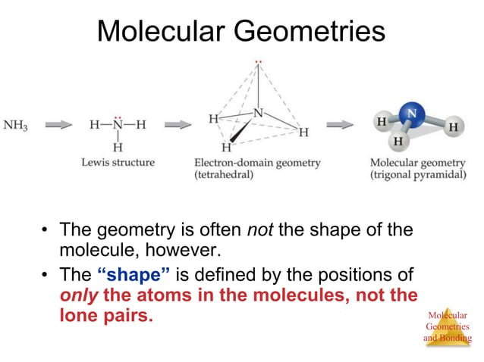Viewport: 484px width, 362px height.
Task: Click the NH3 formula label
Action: coord(16,125)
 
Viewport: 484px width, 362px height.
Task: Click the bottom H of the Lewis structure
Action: coord(117,146)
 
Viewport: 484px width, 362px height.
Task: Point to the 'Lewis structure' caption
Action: coord(118,162)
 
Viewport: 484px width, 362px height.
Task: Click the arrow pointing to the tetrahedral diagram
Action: coord(178,125)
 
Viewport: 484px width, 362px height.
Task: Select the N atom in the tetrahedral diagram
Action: coord(259,113)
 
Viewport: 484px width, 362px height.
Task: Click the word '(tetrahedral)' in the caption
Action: coord(225,175)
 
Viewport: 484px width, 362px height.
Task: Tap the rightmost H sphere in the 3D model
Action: coord(452,127)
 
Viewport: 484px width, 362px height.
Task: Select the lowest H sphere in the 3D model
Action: coord(398,140)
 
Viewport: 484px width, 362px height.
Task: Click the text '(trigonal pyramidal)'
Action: coord(416,175)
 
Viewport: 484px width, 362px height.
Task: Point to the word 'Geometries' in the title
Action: coord(310,32)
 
